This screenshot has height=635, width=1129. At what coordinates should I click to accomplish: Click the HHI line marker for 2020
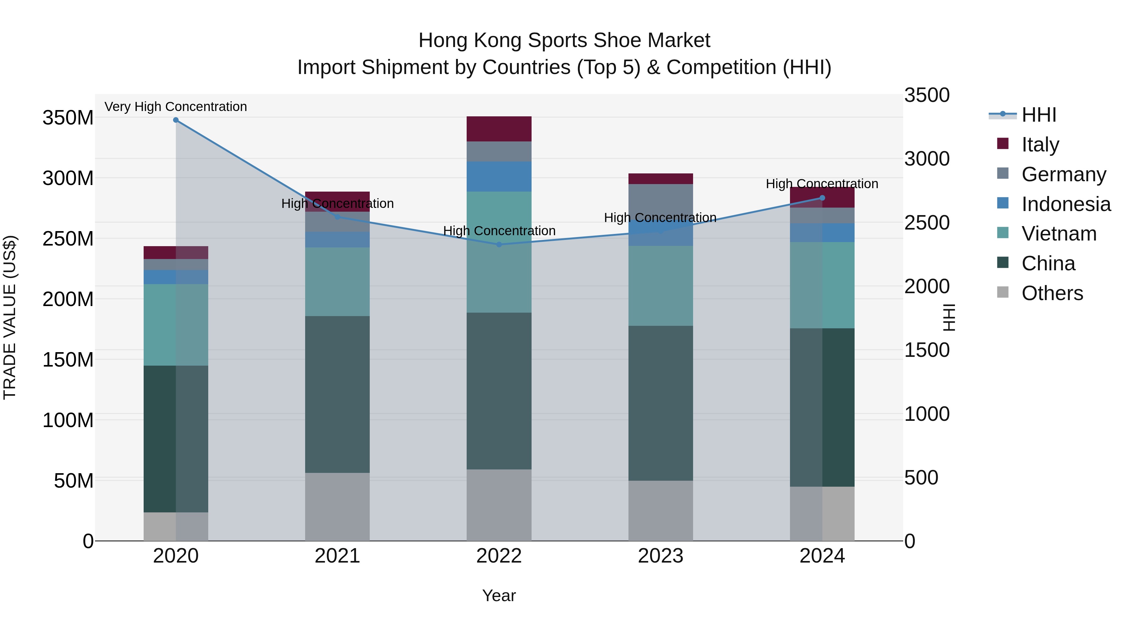176,120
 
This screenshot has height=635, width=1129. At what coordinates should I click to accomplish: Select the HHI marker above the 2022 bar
499,245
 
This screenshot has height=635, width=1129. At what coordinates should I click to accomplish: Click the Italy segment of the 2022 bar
499,129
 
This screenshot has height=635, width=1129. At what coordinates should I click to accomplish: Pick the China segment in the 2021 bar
337,394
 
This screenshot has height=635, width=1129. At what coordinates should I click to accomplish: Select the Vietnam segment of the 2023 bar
660,286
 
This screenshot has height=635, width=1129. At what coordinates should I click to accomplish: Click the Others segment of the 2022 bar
499,505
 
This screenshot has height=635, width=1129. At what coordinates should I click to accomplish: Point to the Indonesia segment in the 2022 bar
499,177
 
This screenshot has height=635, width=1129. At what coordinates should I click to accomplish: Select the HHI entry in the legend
1039,115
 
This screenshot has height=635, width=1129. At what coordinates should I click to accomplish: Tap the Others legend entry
1052,293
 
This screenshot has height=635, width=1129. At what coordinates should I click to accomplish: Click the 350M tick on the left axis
68,118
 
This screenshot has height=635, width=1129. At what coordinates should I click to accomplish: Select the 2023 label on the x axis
660,556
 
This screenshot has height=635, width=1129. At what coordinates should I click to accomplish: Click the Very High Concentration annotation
176,107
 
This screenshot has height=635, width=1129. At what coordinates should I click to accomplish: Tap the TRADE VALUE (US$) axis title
10,317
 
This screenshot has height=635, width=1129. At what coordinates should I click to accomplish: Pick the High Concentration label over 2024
822,184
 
